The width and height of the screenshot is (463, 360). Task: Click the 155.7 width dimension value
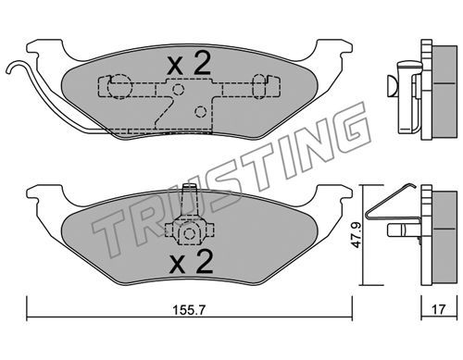(188, 309)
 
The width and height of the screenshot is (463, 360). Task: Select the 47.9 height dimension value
(357, 236)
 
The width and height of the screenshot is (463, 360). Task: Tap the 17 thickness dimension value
(438, 309)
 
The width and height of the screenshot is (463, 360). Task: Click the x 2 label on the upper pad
(189, 64)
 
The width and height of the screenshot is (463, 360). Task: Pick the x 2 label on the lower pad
(191, 262)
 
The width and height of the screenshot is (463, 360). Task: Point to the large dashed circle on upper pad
(119, 87)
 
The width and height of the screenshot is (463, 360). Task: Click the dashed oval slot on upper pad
(259, 86)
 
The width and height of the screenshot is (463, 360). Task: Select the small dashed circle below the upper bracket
(201, 111)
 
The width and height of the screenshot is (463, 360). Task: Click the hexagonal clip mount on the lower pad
(189, 233)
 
